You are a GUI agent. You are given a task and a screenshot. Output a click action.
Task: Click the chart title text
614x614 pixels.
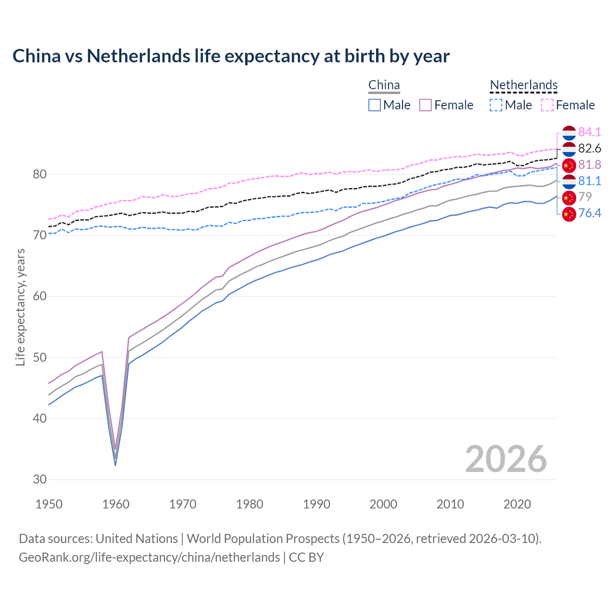point(231,56)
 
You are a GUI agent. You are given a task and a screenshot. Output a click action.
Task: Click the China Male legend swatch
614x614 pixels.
point(375,105)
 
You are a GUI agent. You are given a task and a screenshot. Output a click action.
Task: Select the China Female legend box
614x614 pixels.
point(425,105)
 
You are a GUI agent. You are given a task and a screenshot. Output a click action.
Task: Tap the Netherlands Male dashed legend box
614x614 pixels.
point(496,105)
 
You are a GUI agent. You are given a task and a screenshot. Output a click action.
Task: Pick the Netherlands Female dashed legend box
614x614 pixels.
point(547,105)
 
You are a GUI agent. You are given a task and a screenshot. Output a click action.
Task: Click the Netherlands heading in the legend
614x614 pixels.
point(523,85)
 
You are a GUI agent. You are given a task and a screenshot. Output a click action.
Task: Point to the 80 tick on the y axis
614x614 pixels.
point(39,174)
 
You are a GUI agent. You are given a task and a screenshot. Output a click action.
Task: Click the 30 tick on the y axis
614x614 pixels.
point(39,479)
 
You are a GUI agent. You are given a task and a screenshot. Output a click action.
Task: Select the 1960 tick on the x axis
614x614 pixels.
point(116,504)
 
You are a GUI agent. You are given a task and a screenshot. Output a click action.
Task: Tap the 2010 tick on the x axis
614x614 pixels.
point(450,504)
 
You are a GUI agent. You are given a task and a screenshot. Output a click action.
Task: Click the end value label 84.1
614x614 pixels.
point(590,132)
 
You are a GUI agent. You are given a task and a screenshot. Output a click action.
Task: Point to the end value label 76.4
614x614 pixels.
point(590,213)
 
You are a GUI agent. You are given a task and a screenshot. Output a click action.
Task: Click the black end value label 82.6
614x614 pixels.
point(590,148)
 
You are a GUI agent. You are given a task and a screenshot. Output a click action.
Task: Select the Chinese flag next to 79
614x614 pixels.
point(568,197)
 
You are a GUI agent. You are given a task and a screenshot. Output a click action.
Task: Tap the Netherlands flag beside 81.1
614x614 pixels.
point(568,181)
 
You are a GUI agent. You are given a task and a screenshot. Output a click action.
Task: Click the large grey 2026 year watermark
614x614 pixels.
point(506,459)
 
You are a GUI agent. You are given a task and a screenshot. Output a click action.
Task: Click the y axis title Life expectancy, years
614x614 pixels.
point(21,307)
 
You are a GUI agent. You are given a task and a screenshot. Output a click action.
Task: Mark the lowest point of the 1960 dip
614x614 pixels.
point(115,465)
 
